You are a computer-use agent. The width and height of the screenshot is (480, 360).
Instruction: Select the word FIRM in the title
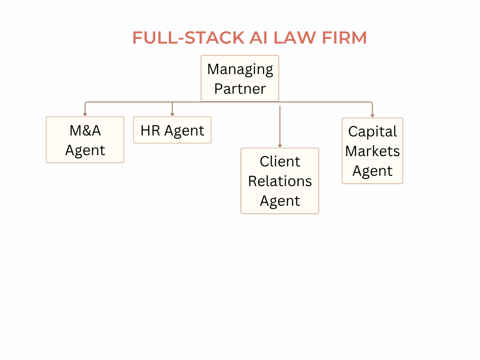pyautogui.click(x=345, y=38)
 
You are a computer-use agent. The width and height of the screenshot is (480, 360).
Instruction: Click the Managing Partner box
pyautogui.click(x=240, y=78)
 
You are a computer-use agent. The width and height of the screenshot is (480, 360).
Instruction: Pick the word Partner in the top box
pyautogui.click(x=240, y=89)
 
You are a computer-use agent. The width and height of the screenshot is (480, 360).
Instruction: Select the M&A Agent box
pyautogui.click(x=85, y=140)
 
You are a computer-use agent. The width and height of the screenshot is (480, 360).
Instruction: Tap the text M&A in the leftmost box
pyautogui.click(x=85, y=130)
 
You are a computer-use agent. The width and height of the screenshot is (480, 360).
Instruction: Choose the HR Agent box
pyautogui.click(x=172, y=130)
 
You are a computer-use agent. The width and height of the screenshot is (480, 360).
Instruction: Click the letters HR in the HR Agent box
pyautogui.click(x=150, y=130)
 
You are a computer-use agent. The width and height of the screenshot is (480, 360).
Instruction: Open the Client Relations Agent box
pyautogui.click(x=280, y=181)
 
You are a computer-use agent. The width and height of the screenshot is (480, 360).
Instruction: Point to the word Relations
pyautogui.click(x=280, y=181)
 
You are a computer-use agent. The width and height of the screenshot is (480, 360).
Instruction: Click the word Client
pyautogui.click(x=280, y=161)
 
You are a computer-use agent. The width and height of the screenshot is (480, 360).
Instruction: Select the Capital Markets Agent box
pyautogui.click(x=372, y=151)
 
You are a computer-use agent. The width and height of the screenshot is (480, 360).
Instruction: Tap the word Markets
pyautogui.click(x=372, y=151)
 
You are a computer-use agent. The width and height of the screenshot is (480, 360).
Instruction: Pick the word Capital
pyautogui.click(x=372, y=131)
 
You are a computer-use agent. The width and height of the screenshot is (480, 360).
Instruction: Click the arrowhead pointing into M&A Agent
pyautogui.click(x=85, y=114)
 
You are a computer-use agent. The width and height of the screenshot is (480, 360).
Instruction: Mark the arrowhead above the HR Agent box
pyautogui.click(x=172, y=114)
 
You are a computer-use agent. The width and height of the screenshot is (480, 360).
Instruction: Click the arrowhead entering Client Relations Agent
pyautogui.click(x=280, y=146)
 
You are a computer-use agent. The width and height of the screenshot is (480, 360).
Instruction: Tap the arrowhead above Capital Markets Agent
pyautogui.click(x=372, y=115)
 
